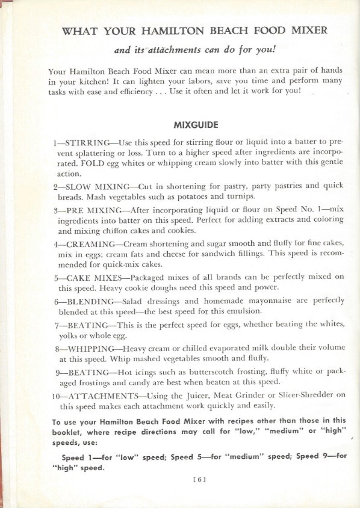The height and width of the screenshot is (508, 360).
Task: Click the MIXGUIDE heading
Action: point(196,125)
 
